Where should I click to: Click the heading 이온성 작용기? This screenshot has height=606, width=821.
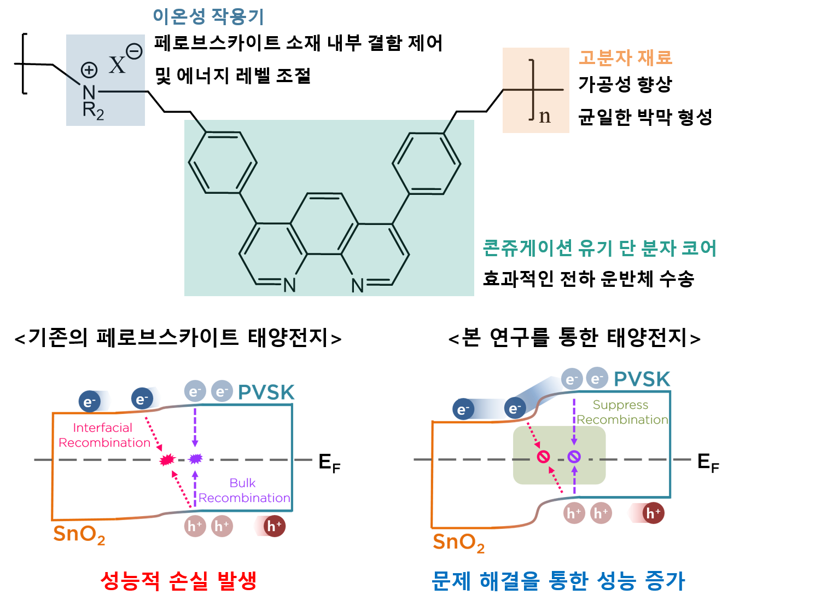(208, 16)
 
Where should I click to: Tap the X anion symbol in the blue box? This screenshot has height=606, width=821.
(117, 65)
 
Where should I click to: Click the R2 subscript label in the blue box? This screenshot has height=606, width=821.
(92, 111)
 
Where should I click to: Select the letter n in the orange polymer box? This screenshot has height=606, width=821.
(545, 116)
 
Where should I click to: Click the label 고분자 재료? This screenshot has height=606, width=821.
(625, 57)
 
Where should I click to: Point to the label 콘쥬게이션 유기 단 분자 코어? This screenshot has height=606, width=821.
(599, 248)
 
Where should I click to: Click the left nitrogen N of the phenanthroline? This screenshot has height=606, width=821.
(289, 285)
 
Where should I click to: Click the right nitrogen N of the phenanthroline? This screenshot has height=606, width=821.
(358, 285)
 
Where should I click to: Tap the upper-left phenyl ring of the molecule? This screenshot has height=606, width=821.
(223, 163)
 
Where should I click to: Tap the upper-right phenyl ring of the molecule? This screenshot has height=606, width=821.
(427, 164)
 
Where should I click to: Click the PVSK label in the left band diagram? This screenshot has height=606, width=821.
(266, 393)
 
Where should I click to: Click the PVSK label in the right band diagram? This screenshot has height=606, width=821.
(642, 379)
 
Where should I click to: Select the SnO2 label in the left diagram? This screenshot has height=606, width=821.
(79, 534)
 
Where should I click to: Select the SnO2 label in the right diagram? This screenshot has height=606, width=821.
(458, 542)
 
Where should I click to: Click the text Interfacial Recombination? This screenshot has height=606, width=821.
(104, 435)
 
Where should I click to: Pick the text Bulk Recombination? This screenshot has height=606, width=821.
(243, 490)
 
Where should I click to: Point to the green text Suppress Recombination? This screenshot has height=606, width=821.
(622, 412)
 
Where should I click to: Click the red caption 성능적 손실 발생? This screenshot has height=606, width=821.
(178, 581)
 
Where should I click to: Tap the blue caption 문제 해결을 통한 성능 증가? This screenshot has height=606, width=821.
(558, 581)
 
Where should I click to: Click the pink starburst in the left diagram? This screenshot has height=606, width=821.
(166, 460)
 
